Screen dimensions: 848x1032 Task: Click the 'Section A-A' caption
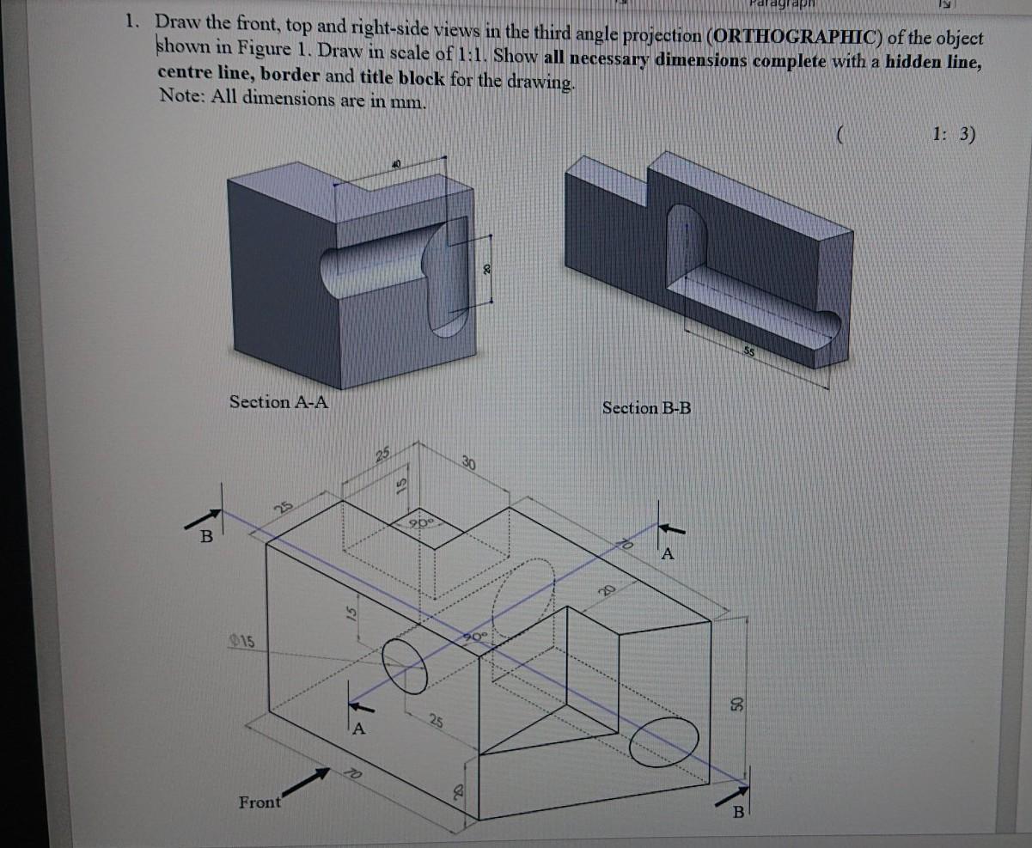[x=279, y=401]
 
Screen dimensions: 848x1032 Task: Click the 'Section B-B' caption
[x=646, y=407]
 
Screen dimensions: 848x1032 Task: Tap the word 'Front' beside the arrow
[x=260, y=802]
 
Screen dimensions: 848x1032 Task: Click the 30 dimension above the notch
[x=468, y=462]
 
